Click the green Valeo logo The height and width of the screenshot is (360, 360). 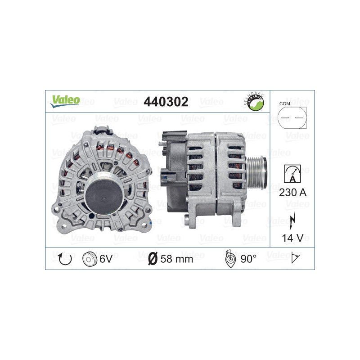(65, 101)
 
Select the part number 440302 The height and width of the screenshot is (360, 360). (165, 102)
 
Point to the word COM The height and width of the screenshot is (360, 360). (284, 104)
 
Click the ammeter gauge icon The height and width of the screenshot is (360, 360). (292, 174)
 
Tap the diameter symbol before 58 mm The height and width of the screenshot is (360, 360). (153, 258)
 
